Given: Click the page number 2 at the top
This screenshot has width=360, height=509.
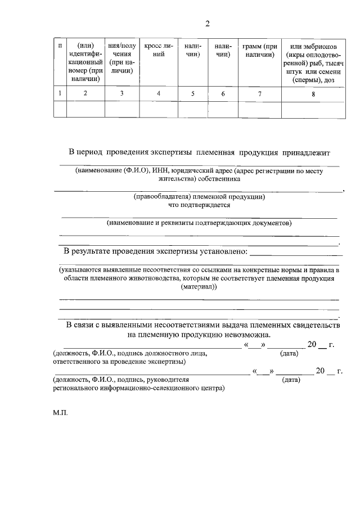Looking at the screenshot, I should click(207, 24).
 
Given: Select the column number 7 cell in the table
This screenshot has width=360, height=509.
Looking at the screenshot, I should click(259, 94).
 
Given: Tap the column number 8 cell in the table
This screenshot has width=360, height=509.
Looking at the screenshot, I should click(313, 94).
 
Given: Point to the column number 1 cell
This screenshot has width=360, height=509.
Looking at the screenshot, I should click(60, 94).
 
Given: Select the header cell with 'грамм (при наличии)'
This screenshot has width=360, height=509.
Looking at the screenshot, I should click(259, 51).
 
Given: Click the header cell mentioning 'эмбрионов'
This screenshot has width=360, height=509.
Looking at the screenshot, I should click(313, 62).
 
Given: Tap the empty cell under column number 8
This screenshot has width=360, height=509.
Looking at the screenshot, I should click(313, 109).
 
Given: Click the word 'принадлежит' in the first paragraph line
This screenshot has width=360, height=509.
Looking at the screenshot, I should click(306, 152).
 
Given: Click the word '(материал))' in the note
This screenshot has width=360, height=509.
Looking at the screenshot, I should click(199, 287).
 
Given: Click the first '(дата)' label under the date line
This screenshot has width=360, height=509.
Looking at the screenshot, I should click(289, 353).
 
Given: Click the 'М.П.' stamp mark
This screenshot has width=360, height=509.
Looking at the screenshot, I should click(60, 413).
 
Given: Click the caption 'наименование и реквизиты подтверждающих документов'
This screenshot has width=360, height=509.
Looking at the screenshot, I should click(200, 223).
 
